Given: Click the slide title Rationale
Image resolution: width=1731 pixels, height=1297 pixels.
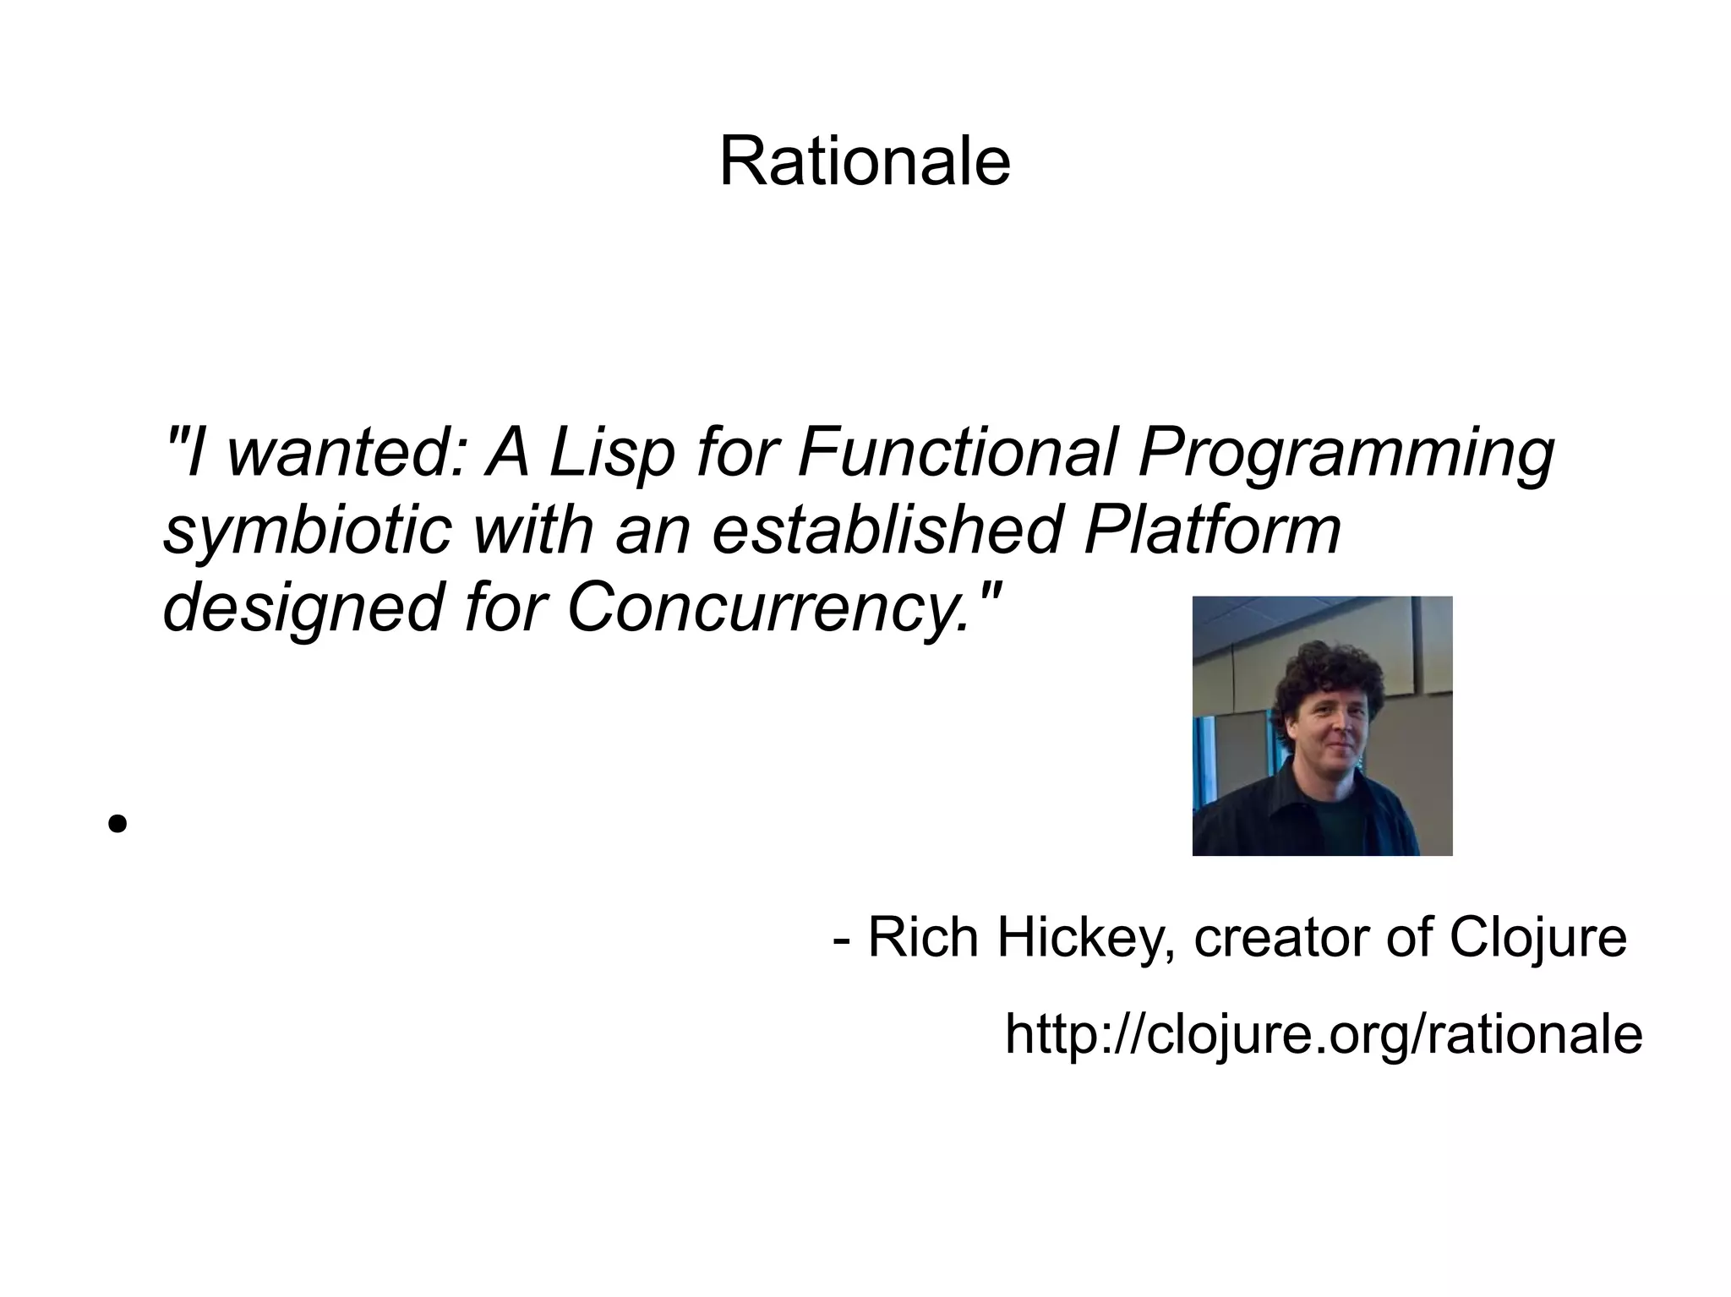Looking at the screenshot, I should pyautogui.click(x=865, y=161).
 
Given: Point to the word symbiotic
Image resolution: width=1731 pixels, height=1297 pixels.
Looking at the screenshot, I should pyautogui.click(x=307, y=531).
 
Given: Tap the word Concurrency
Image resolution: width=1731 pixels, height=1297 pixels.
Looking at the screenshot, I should pyautogui.click(x=767, y=608).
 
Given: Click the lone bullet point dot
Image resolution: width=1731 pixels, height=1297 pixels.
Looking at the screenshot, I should pyautogui.click(x=117, y=822).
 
